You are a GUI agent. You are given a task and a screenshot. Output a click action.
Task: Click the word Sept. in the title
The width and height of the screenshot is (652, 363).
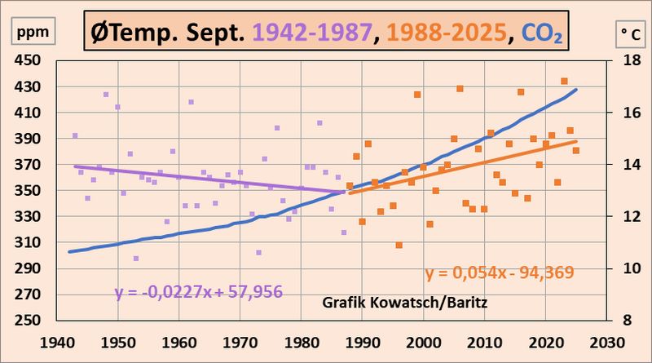(214, 34)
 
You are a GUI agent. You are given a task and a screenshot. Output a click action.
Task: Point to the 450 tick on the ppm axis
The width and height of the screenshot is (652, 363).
(31, 60)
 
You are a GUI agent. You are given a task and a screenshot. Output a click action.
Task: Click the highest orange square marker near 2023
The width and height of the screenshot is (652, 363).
(564, 81)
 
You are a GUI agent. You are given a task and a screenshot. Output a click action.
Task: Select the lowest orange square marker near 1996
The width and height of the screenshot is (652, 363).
(399, 245)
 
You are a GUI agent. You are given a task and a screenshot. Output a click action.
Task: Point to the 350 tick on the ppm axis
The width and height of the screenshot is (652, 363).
(31, 191)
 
